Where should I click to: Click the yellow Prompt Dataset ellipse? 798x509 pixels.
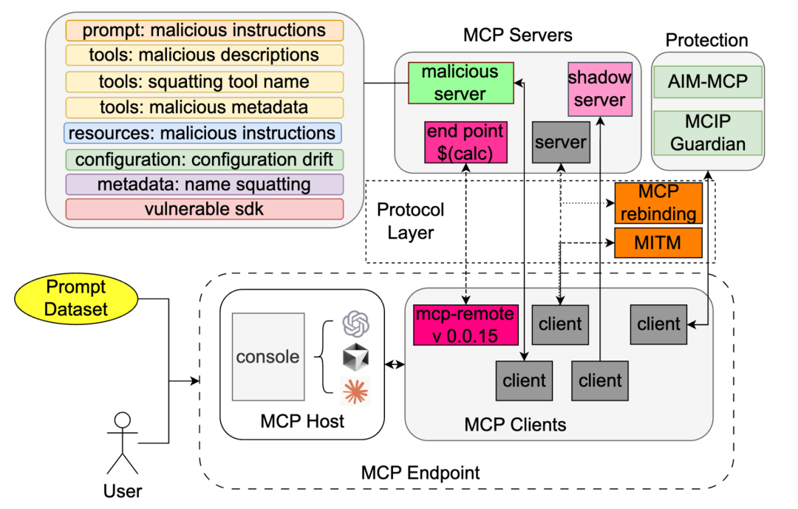pos(76,298)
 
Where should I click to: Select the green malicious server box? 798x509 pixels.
pos(460,83)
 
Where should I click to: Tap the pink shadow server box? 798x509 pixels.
pos(600,89)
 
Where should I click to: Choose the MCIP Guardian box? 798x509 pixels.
pos(707,133)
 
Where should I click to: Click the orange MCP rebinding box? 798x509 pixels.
pos(658,202)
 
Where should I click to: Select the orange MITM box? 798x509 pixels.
pos(658,242)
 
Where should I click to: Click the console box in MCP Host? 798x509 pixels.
pos(267,357)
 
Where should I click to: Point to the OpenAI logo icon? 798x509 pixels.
pos(355,324)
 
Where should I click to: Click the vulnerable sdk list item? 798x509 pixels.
pos(205,209)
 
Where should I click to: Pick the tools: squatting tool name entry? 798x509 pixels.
pos(205,81)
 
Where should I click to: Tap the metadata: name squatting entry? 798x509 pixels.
pos(205,184)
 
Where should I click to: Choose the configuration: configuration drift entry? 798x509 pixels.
pos(205,159)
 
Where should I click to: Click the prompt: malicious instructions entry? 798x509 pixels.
pos(205,30)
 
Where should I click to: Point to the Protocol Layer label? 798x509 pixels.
pos(411,221)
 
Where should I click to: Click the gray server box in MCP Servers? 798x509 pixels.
pos(559,142)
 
